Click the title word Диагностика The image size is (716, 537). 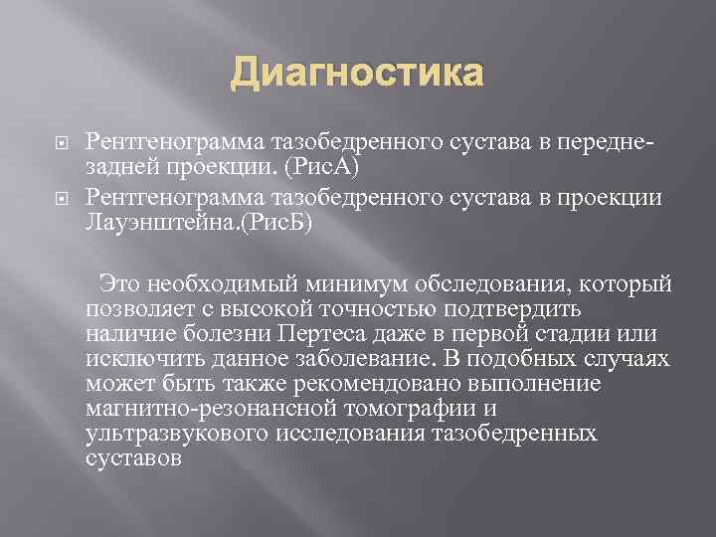click(x=358, y=75)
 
